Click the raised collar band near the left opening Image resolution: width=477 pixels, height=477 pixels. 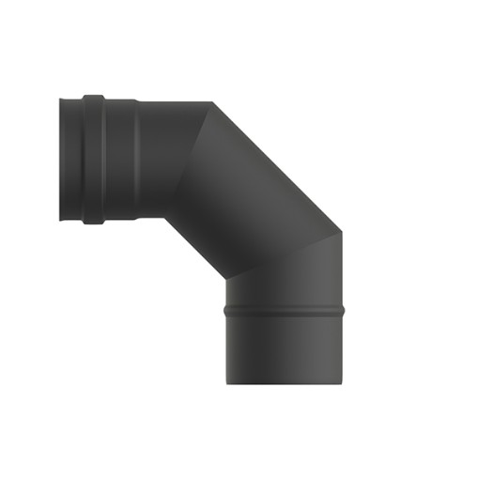click(x=93, y=159)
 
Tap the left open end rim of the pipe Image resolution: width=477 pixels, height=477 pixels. click(x=62, y=159)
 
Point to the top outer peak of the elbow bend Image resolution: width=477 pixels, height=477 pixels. click(x=210, y=102)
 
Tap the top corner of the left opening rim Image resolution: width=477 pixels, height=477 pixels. click(x=61, y=99)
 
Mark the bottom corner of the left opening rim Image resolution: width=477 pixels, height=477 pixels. click(x=61, y=219)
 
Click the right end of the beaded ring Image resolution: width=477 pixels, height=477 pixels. click(x=343, y=307)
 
